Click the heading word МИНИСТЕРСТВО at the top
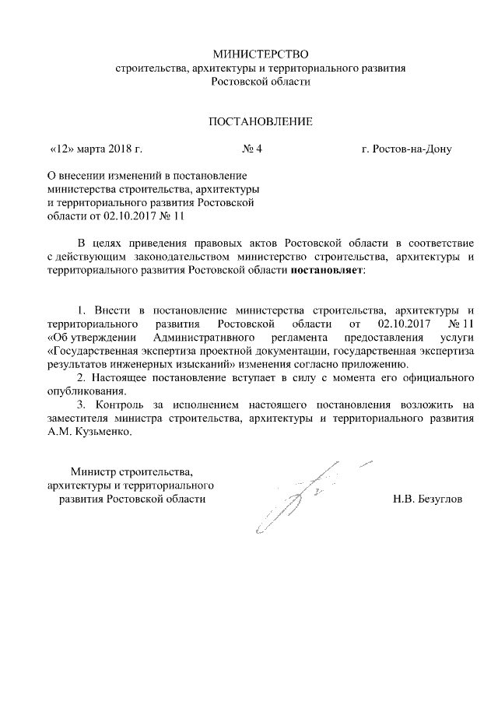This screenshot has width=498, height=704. (x=261, y=54)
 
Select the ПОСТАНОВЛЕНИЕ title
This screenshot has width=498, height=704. (x=261, y=121)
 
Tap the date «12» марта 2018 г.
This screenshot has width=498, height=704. (x=96, y=149)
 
